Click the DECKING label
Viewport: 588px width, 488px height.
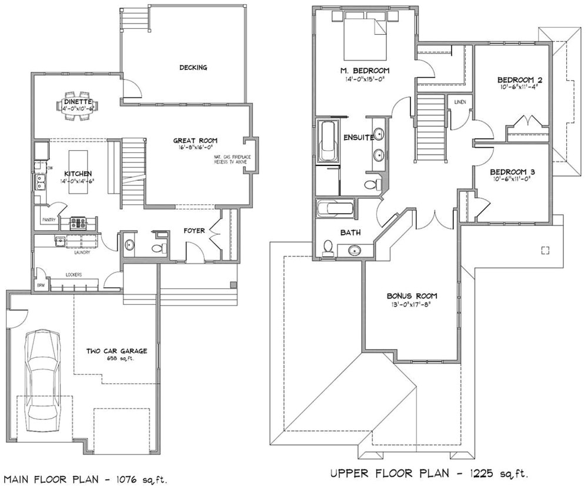(x=193, y=68)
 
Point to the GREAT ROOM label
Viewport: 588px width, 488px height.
(x=195, y=141)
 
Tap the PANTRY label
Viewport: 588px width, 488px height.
(x=49, y=220)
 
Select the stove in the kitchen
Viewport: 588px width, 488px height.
(x=79, y=223)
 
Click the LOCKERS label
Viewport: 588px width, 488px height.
(x=73, y=275)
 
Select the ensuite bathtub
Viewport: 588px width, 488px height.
(x=326, y=142)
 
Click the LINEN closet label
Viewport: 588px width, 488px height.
(x=460, y=102)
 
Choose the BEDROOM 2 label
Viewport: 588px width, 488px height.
(x=519, y=79)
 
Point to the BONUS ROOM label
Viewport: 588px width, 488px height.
(x=412, y=296)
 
